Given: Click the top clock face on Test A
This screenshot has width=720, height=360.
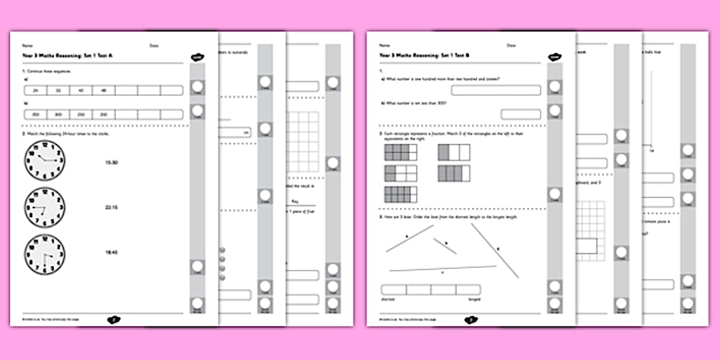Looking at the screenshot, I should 45,161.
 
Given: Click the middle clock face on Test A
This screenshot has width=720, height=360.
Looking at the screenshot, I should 45,207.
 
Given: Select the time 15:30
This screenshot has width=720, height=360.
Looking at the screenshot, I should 111,163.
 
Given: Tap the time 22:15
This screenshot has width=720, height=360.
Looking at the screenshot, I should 111,207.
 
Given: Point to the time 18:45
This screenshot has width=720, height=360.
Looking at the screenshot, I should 111,252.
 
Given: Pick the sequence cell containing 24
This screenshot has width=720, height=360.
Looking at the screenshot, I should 35,90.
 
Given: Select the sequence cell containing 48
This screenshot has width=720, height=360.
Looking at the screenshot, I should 103,90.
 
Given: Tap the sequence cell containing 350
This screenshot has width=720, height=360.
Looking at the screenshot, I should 35,114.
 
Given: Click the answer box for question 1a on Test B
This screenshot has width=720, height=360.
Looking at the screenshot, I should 495,90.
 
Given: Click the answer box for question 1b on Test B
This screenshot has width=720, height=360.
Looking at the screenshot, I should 520,114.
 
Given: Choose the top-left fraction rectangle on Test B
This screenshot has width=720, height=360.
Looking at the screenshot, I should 401,153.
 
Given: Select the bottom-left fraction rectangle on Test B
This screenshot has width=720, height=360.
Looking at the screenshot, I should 401,194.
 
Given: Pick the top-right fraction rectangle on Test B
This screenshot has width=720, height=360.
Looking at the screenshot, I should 454,153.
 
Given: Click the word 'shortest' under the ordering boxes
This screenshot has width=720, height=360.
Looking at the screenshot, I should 389,298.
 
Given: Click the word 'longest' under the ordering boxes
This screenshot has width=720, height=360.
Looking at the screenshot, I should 473,298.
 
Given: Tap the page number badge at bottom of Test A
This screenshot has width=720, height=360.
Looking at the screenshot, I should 114,320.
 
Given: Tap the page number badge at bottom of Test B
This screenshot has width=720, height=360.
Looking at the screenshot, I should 471,320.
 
